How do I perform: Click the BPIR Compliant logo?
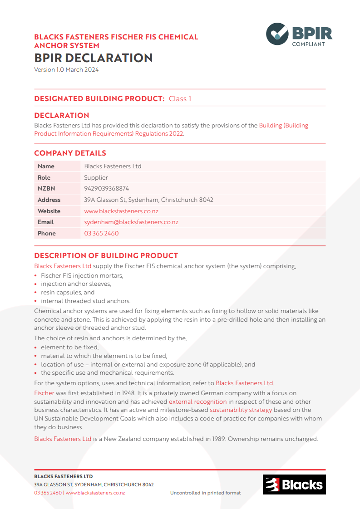click(x=299, y=34)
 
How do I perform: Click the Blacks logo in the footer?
click(x=294, y=484)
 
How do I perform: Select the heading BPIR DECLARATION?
click(x=94, y=58)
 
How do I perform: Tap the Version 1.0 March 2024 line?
click(x=66, y=70)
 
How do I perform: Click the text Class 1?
click(x=180, y=98)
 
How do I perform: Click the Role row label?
click(x=44, y=177)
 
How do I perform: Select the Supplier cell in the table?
click(x=96, y=177)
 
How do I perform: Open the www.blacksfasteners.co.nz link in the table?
click(x=121, y=211)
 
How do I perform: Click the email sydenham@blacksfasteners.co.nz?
click(x=131, y=222)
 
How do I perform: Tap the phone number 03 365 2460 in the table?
click(x=101, y=233)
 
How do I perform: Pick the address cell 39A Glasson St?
click(x=148, y=200)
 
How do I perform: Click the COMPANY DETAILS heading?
click(x=70, y=153)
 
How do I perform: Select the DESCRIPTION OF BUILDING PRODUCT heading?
click(x=106, y=255)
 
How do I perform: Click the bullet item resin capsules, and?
click(x=68, y=293)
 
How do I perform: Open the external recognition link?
click(x=197, y=401)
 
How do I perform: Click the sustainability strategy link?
click(x=241, y=410)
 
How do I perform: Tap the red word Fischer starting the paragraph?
click(x=44, y=393)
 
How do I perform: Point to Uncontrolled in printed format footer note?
click(x=205, y=493)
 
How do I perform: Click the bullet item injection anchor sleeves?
click(x=76, y=284)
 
